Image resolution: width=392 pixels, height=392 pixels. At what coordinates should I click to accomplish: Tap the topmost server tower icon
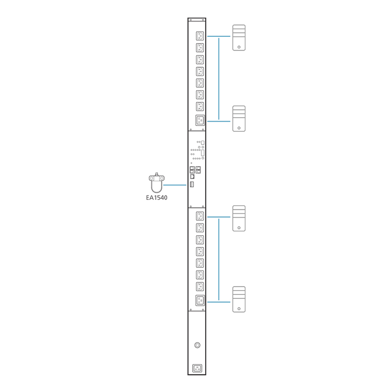click(239, 38)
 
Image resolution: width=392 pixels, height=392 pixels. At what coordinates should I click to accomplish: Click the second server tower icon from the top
click(239, 119)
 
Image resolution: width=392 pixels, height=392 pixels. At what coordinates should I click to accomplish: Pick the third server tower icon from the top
click(239, 218)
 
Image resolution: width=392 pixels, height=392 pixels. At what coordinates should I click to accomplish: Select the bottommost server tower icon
click(239, 299)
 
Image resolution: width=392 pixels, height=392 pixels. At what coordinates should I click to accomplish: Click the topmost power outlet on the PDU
click(199, 36)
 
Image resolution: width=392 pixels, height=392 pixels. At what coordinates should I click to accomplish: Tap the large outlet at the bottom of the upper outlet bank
click(199, 120)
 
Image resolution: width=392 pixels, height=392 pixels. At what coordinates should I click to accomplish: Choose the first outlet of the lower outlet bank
click(199, 216)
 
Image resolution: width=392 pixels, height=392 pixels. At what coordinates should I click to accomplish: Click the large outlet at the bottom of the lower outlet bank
click(199, 300)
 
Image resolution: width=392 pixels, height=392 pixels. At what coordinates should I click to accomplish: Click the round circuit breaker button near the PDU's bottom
click(197, 345)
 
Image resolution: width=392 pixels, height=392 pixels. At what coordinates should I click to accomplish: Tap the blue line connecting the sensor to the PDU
click(175, 185)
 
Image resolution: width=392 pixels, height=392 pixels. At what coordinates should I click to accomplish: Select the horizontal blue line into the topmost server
click(219, 36)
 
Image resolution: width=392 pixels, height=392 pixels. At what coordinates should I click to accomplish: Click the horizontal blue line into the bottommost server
click(219, 302)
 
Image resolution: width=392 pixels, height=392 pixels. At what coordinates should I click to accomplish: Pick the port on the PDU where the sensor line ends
click(192, 185)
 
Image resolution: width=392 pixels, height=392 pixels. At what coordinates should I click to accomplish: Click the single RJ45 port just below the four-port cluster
click(192, 176)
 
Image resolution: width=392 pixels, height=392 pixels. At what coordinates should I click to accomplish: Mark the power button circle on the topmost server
click(239, 47)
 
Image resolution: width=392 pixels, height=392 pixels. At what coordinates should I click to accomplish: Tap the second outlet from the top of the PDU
click(199, 48)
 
